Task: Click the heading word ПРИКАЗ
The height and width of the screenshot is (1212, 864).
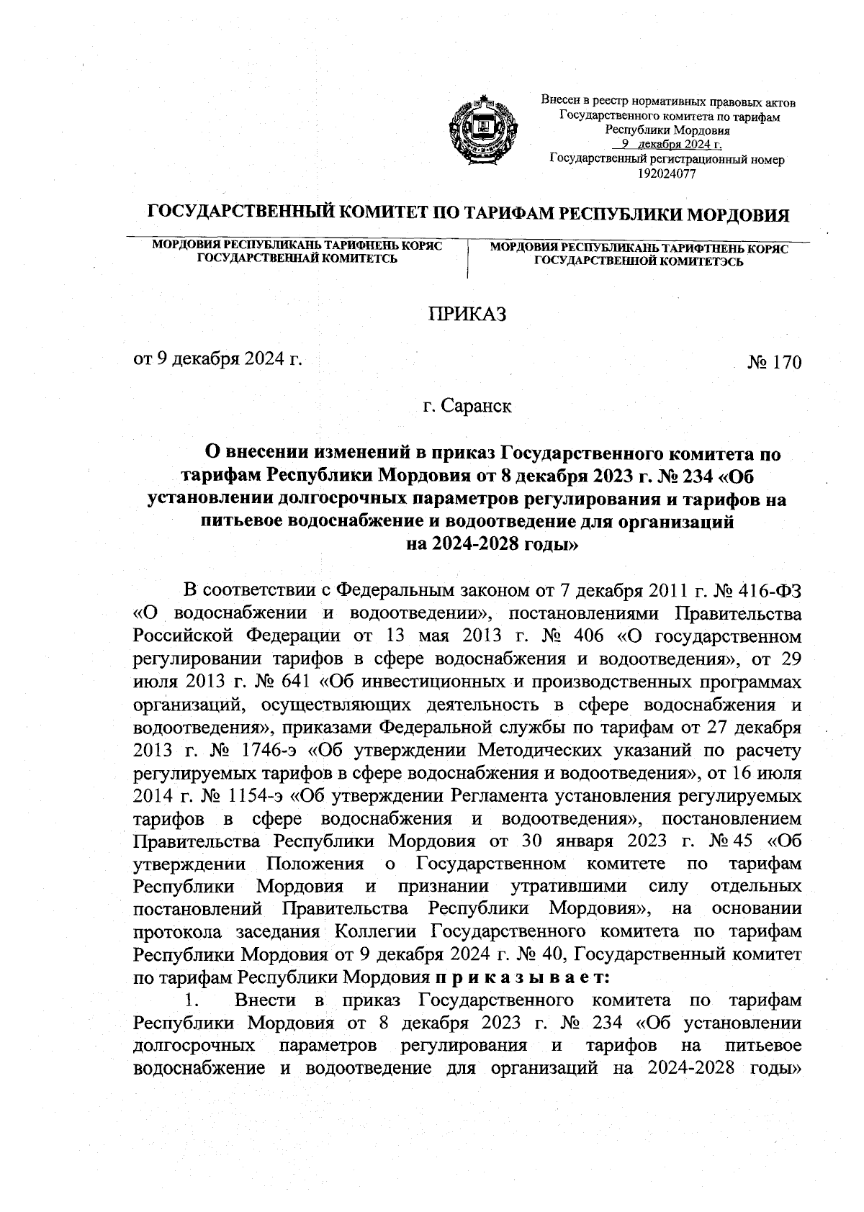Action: (x=468, y=315)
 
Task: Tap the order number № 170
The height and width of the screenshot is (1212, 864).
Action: (x=774, y=362)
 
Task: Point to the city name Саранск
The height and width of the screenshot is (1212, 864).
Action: (x=477, y=407)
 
